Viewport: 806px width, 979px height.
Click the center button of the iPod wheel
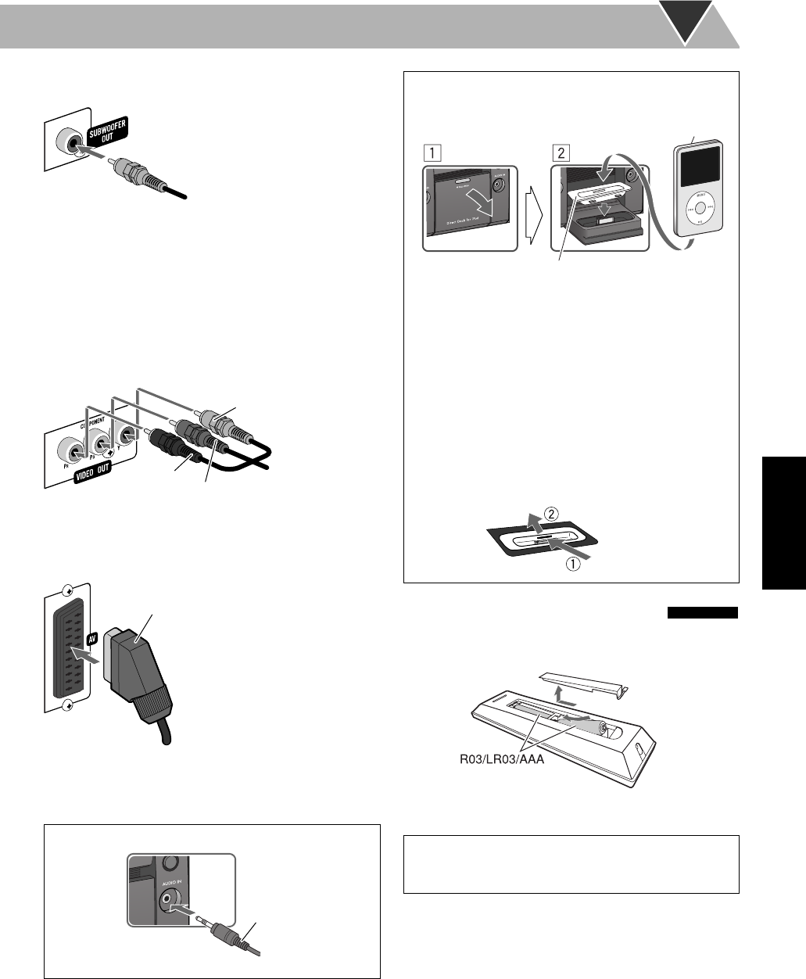coord(701,210)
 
